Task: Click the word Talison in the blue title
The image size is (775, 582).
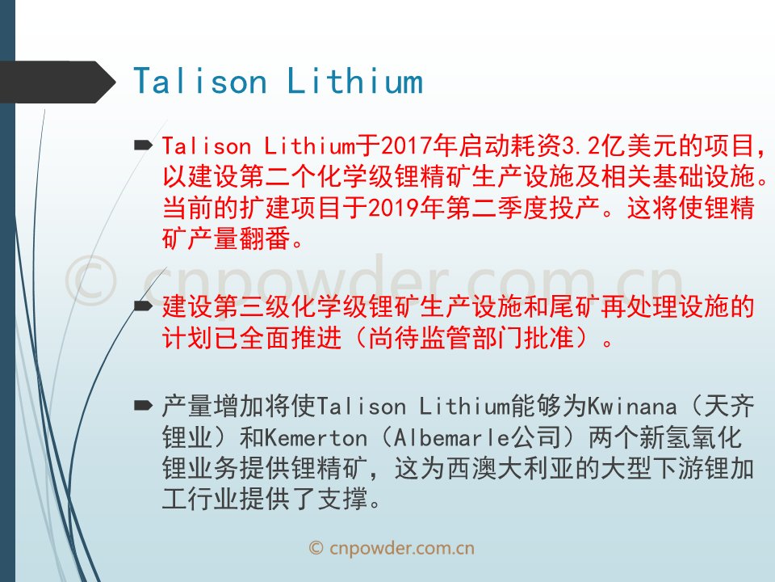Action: point(200,81)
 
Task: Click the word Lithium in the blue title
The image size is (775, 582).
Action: point(355,81)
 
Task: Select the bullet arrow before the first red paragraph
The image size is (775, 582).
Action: point(144,145)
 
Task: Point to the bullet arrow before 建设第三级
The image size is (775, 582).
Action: point(144,306)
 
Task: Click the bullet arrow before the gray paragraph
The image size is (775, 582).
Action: point(144,406)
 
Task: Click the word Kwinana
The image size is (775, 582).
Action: point(631,407)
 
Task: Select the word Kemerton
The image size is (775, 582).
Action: point(316,438)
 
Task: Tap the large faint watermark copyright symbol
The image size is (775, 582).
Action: point(91,280)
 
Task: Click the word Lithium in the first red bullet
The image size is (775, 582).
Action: point(310,145)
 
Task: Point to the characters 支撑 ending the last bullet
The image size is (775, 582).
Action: point(342,499)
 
